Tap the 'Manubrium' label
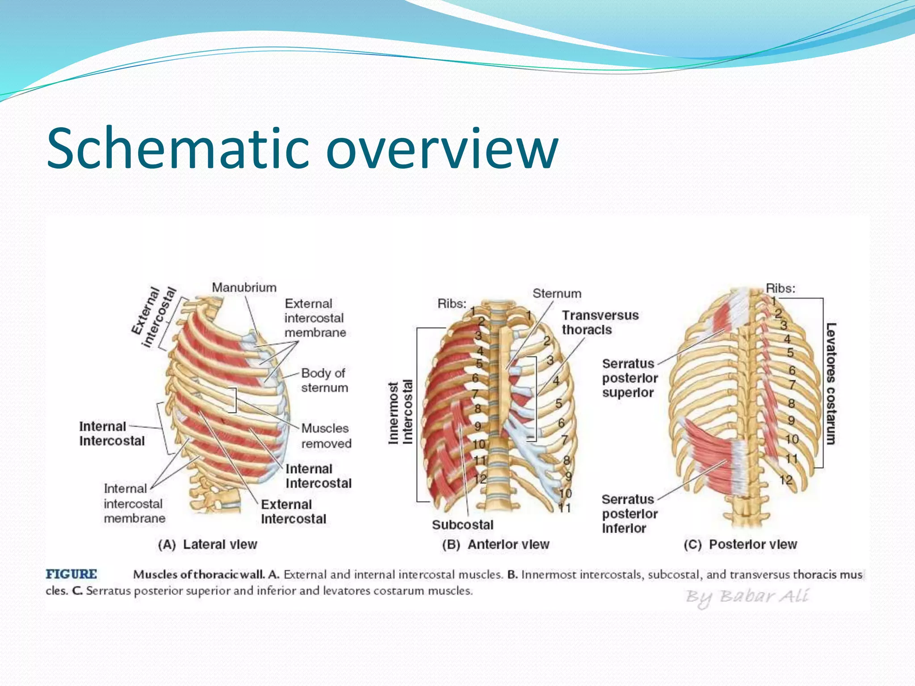[244, 288]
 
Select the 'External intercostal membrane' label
[315, 318]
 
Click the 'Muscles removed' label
[326, 436]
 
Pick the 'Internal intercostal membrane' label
[134, 503]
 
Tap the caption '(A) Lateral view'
[208, 544]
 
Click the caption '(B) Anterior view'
[495, 544]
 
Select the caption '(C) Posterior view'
[740, 544]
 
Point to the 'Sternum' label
[557, 293]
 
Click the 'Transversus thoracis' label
[600, 322]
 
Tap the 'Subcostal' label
[462, 525]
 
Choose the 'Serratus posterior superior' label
[630, 378]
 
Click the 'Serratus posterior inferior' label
[630, 514]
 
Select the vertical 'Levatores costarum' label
[831, 384]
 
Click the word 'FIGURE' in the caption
[71, 574]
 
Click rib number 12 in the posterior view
[786, 480]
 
